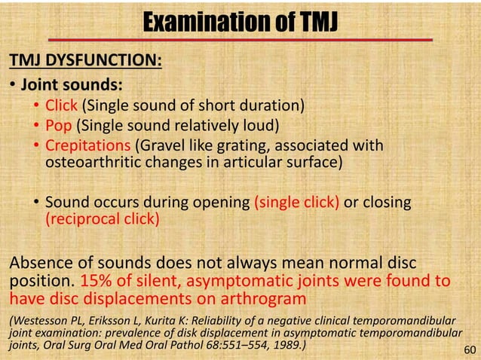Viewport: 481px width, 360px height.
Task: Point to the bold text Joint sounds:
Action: [69, 84]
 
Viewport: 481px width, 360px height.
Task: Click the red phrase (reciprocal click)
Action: [101, 219]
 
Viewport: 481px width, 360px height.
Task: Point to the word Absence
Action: [38, 264]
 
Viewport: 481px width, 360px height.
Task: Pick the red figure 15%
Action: [97, 281]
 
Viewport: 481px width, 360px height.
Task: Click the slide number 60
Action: [470, 349]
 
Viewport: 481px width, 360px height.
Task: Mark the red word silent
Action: [161, 281]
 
